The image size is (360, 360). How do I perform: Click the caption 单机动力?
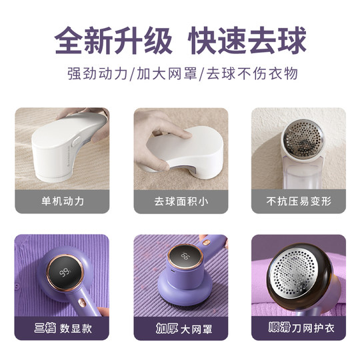point(61,201)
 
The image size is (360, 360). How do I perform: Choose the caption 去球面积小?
point(181,201)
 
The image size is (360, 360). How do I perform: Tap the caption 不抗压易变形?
point(299,201)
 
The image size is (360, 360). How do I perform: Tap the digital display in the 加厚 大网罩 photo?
point(186,257)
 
